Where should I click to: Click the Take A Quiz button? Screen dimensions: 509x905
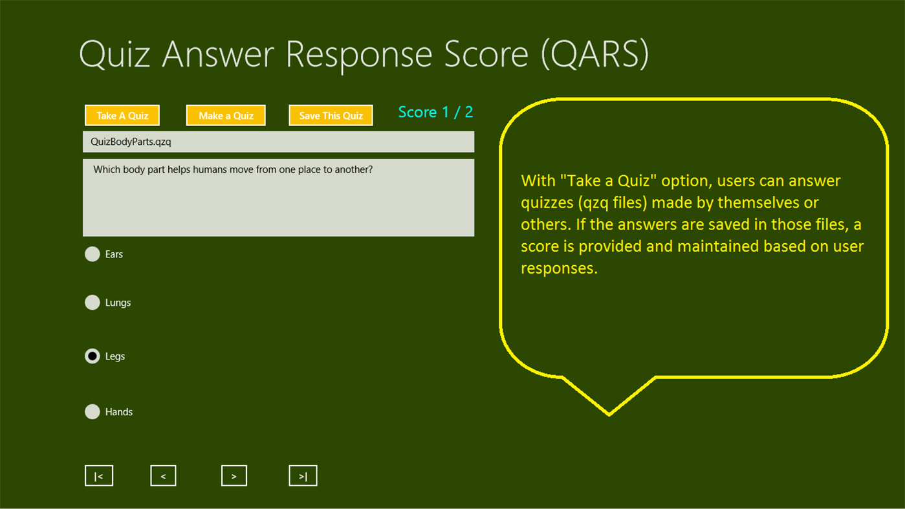click(x=122, y=116)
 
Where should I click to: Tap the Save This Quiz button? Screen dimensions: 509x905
click(x=331, y=116)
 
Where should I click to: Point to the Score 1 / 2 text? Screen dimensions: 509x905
click(x=435, y=112)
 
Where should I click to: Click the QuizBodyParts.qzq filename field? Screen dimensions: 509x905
click(x=278, y=142)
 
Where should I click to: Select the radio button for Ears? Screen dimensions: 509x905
click(x=93, y=254)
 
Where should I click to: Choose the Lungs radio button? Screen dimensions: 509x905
click(x=93, y=303)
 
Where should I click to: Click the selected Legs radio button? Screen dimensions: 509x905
click(x=93, y=356)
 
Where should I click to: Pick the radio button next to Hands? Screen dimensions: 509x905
click(x=93, y=412)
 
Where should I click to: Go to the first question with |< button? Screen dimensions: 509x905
click(x=99, y=476)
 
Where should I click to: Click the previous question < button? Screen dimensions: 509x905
click(x=163, y=476)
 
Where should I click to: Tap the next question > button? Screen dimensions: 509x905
click(x=234, y=476)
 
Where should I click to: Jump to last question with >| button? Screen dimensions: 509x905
click(x=303, y=476)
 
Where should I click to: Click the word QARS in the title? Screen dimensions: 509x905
click(x=594, y=54)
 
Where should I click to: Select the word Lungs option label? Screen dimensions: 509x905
click(x=118, y=303)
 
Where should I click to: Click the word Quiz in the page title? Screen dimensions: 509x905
click(x=114, y=55)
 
